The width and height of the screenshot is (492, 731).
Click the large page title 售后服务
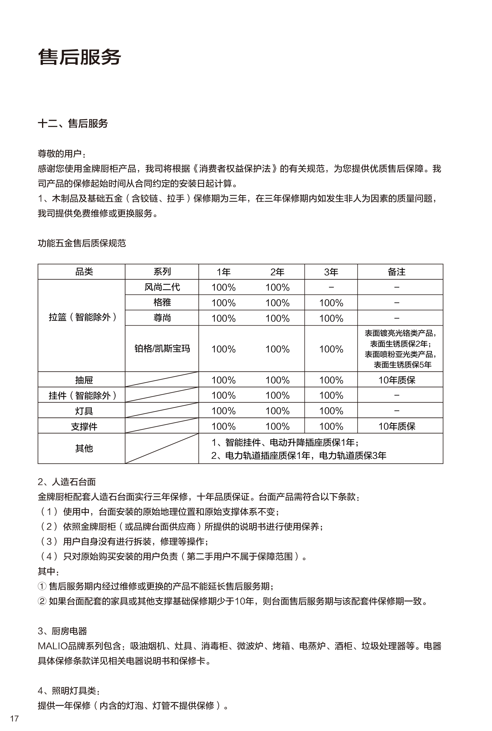(79, 57)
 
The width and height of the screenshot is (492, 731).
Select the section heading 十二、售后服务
(73, 124)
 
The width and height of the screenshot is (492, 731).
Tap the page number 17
(14, 718)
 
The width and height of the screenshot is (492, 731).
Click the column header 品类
(84, 272)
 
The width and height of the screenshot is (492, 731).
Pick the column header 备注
(397, 272)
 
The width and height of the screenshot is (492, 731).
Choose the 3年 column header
(331, 272)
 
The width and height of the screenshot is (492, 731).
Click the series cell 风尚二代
(162, 287)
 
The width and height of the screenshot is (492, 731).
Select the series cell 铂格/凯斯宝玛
(162, 348)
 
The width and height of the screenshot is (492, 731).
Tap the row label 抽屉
(84, 380)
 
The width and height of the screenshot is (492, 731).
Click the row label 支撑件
(84, 426)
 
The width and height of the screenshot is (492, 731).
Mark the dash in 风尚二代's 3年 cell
(331, 287)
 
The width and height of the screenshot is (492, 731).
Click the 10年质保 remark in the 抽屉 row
(397, 380)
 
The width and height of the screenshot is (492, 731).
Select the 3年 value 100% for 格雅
(331, 303)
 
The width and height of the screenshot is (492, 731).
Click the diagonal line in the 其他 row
(162, 448)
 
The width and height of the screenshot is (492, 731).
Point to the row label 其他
(84, 448)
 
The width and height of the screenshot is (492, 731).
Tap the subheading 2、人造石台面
(66, 482)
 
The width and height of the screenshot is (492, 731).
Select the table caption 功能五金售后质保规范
(82, 243)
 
